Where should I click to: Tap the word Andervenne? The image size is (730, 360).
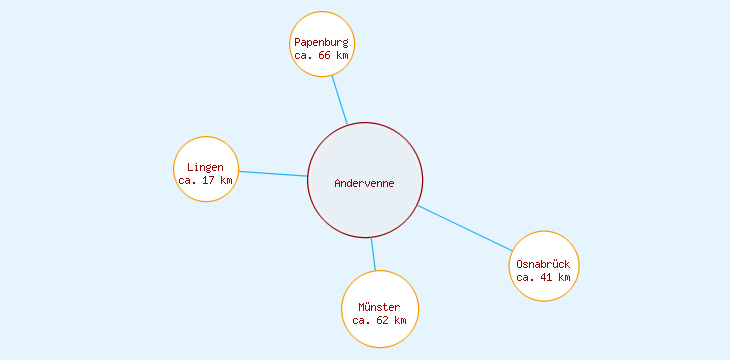(365, 183)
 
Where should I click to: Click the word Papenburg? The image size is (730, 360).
(321, 43)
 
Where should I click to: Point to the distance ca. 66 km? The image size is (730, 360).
(321, 56)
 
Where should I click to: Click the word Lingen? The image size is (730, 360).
(206, 167)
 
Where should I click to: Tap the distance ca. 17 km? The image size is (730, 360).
(205, 181)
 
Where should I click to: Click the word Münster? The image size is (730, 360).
(379, 307)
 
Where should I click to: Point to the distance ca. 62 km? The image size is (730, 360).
(379, 321)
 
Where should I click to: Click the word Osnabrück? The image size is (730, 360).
(544, 264)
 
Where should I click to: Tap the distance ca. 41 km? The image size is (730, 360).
(544, 278)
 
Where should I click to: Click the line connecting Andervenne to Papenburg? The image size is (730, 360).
(340, 100)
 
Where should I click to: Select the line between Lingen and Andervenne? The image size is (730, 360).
(272, 174)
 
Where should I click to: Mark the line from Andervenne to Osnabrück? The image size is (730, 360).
(465, 228)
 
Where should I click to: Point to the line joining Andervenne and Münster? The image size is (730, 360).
(373, 254)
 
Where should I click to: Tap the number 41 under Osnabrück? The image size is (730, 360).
(546, 278)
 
